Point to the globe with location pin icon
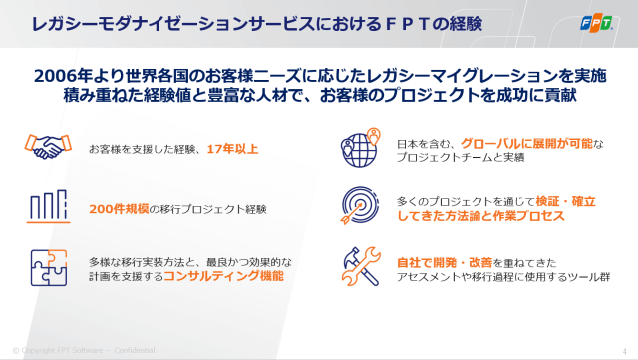360,149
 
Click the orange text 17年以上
233,149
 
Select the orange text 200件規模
119,210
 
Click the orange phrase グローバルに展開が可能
528,142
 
